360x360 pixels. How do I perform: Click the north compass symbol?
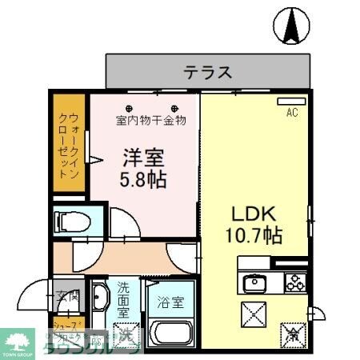click(x=290, y=26)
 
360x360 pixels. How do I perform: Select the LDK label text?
click(x=254, y=214)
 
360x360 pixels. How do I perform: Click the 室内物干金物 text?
click(x=150, y=121)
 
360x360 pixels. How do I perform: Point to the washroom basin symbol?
click(x=99, y=300)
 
